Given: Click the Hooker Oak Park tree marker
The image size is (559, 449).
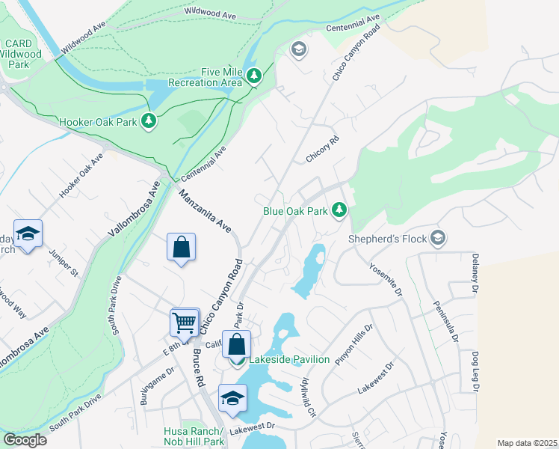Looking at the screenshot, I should [149, 120].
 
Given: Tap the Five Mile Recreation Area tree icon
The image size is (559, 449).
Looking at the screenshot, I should [254, 76].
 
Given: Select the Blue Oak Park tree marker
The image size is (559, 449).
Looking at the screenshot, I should [340, 210].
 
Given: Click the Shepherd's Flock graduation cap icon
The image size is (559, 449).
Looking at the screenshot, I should [439, 239].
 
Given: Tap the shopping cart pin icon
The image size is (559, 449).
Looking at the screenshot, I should [184, 323].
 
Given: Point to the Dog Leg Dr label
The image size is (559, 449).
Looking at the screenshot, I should [475, 370].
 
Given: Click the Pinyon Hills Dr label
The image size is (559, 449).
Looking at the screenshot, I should [354, 345].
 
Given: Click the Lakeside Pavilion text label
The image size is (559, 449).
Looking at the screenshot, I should [289, 360].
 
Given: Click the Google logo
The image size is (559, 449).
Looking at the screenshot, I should [25, 440].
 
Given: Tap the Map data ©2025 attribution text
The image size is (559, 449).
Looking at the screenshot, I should [527, 443].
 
